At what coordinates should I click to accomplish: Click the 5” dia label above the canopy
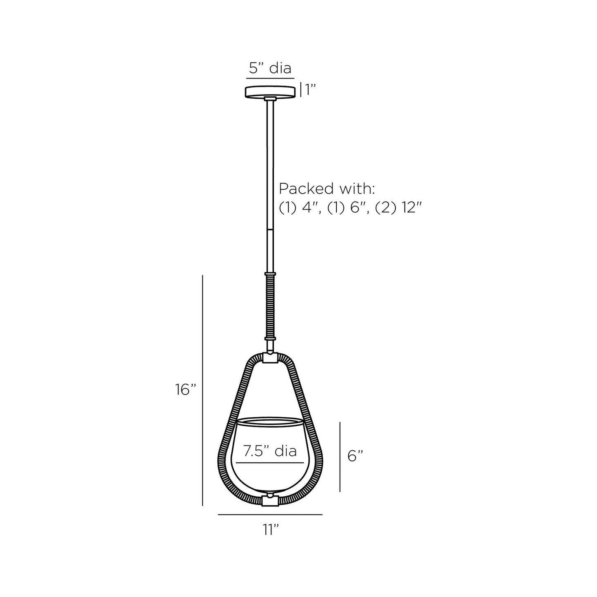coord(270,68)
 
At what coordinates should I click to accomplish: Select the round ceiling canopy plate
coord(270,92)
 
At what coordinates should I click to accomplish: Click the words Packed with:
coord(326,189)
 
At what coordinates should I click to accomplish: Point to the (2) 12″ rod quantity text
coord(399,208)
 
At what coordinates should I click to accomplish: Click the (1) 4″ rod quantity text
coord(300,208)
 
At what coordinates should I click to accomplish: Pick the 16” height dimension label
coord(186,390)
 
